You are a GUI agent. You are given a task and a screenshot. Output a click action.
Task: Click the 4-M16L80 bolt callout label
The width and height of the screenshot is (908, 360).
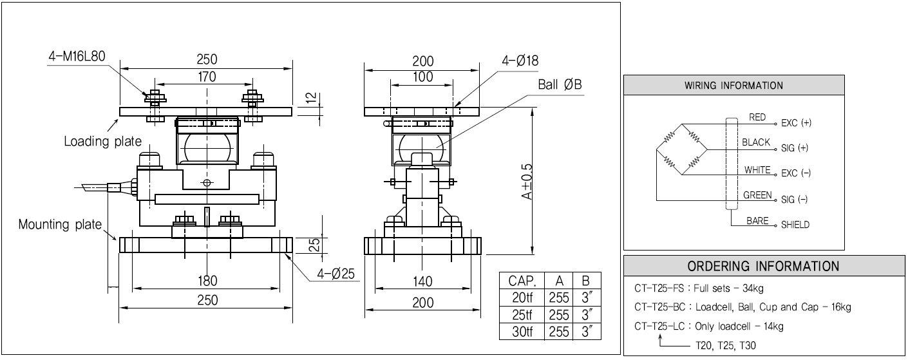click(x=77, y=57)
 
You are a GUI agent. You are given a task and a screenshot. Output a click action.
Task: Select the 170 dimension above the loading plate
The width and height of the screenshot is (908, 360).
click(x=207, y=77)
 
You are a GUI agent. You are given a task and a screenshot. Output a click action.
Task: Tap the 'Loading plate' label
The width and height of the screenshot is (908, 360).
click(x=102, y=141)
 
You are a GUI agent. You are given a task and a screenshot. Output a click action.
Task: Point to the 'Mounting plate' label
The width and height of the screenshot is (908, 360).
click(x=60, y=224)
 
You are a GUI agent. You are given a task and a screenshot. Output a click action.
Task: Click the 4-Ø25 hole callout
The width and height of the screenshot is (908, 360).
click(x=336, y=274)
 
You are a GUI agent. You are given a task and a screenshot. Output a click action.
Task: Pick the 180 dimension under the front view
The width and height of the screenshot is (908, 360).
click(x=207, y=281)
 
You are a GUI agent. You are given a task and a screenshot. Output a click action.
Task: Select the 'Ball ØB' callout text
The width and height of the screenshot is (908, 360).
click(x=560, y=84)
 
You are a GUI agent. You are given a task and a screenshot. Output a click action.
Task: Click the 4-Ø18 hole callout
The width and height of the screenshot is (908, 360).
click(x=520, y=61)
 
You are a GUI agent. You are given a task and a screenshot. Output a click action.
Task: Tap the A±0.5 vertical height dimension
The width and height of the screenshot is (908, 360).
click(x=526, y=182)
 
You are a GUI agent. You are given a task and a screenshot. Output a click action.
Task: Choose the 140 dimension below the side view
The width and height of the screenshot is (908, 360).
click(x=422, y=281)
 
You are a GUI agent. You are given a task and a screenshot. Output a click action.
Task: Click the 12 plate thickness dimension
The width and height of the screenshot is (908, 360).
click(x=311, y=98)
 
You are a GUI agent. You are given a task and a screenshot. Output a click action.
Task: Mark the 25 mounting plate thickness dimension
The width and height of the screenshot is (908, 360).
click(x=314, y=245)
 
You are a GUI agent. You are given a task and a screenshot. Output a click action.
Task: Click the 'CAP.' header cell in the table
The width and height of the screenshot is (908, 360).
click(x=522, y=281)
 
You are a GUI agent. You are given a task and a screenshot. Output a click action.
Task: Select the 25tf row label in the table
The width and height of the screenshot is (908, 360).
click(x=522, y=314)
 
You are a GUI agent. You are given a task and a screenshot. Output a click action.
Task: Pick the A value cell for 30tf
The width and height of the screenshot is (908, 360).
click(x=558, y=332)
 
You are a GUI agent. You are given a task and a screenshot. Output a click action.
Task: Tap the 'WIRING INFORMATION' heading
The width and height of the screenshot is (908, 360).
click(x=733, y=86)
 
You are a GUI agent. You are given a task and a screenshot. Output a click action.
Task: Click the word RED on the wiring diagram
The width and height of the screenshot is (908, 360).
click(x=757, y=117)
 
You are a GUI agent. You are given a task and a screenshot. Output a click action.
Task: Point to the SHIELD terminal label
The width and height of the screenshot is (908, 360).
click(x=795, y=225)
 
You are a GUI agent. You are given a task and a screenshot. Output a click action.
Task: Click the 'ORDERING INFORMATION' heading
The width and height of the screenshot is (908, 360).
click(x=763, y=267)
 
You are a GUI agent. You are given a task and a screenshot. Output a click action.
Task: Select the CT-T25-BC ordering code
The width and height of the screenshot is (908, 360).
click(x=659, y=307)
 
